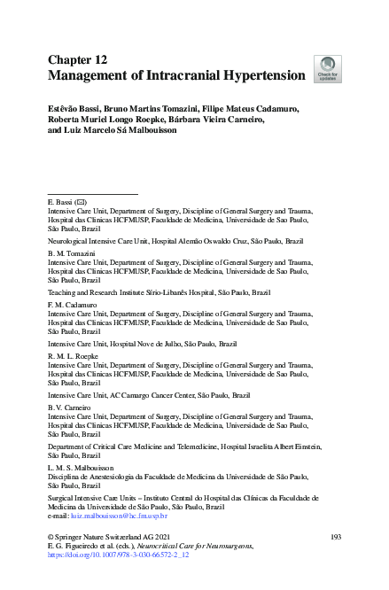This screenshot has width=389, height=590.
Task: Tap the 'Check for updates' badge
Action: click(327, 69)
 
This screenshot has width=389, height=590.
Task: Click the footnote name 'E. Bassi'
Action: click(62, 203)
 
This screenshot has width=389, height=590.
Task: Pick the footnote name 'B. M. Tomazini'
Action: click(71, 253)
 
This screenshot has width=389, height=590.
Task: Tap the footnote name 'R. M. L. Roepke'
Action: click(72, 354)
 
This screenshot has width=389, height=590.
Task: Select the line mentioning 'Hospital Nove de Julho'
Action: click(142, 342)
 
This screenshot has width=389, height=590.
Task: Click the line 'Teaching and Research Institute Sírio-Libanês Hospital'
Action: click(159, 291)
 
